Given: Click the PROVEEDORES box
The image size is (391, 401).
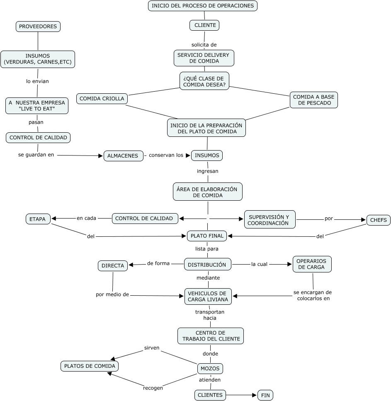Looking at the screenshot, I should [38, 27].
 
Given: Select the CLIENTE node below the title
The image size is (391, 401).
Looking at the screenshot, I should [204, 25].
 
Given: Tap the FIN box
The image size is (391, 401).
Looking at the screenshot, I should [265, 395].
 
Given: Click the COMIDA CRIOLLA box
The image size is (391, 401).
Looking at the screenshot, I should [102, 99].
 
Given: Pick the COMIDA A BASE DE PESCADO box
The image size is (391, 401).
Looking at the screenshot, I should [313, 100].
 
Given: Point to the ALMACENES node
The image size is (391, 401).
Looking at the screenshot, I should [123, 156].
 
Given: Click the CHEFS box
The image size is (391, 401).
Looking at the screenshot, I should [378, 220].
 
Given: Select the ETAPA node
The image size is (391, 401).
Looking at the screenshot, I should [38, 219].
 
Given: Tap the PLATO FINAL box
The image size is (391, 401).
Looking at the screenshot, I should [207, 236].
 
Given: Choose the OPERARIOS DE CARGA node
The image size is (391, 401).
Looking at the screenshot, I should [312, 264].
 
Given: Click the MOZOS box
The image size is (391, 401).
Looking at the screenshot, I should [210, 368].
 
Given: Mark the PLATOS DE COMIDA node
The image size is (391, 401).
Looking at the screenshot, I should [89, 366].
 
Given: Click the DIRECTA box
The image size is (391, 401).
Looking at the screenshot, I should [113, 266].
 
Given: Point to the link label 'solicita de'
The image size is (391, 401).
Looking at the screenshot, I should [204, 45].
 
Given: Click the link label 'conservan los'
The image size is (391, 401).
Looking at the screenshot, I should [166, 156].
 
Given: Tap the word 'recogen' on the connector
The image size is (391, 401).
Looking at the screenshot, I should [153, 388].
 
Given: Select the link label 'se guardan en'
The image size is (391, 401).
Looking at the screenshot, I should [36, 155].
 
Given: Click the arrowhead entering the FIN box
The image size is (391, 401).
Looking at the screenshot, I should [255, 395].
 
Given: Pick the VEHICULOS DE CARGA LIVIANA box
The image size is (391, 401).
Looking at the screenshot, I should [208, 296].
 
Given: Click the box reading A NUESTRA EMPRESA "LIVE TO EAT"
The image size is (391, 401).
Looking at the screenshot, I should [37, 106].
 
